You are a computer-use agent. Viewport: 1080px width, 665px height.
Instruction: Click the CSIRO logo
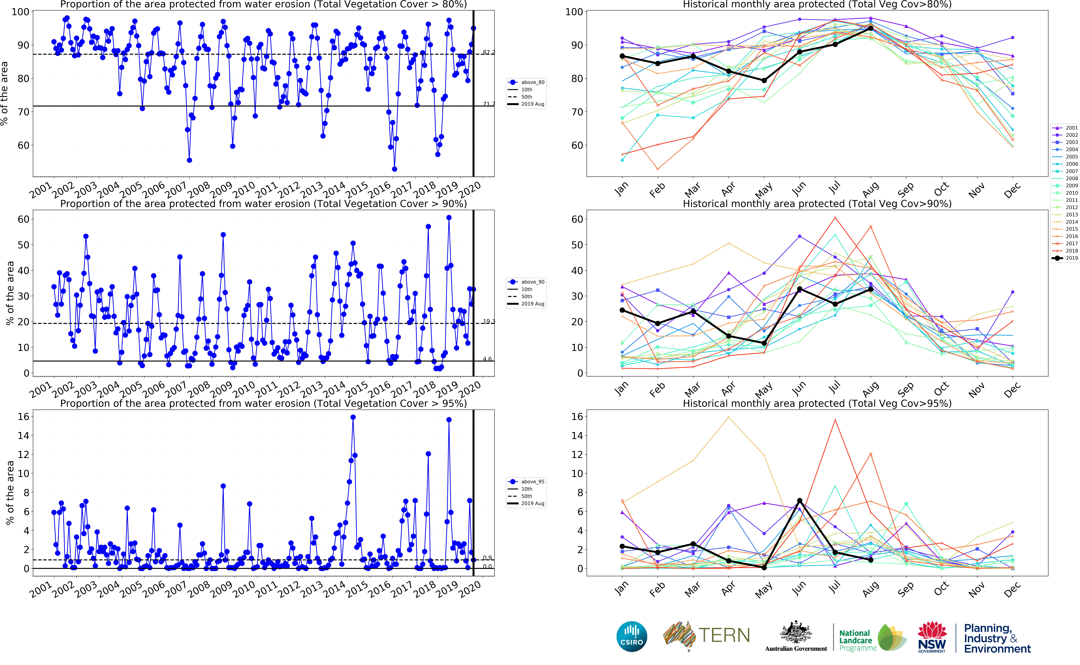632,636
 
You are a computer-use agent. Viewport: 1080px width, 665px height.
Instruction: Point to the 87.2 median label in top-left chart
489,52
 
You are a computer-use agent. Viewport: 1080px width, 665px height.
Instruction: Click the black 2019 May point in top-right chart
764,80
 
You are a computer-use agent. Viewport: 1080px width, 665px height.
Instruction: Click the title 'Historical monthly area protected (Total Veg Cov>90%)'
817,204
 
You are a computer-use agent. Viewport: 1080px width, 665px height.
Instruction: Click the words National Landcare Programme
857,640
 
